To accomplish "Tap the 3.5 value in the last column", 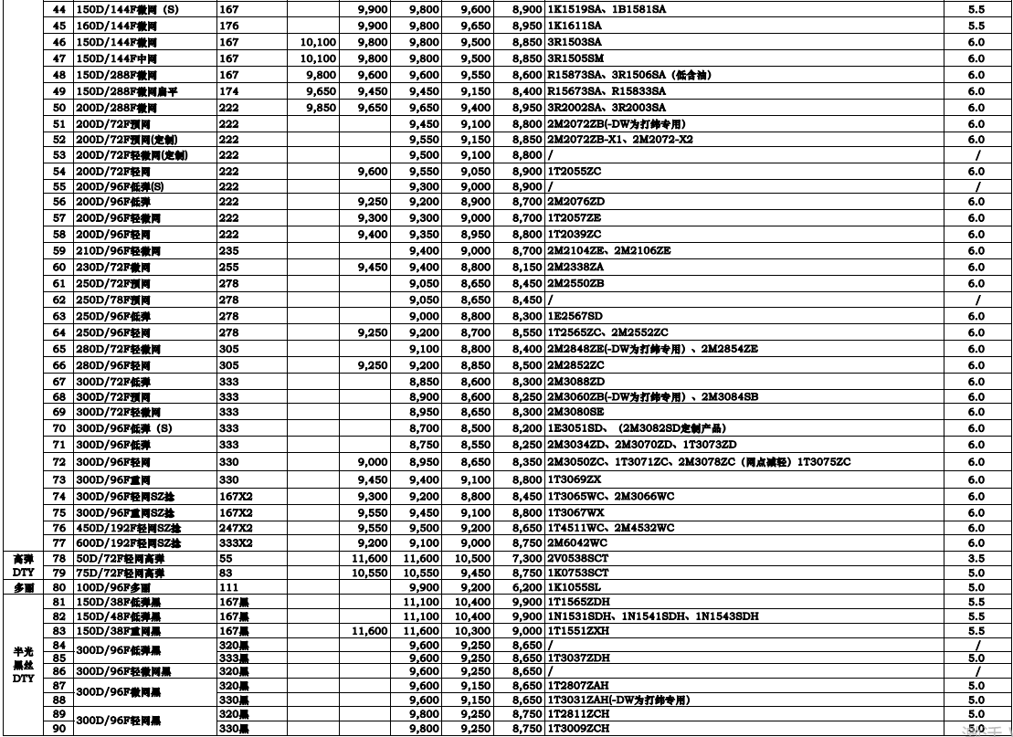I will click(976, 557).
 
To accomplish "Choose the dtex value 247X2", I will click(237, 528).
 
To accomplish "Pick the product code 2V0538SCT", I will click(579, 557).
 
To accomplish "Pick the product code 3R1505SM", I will click(575, 57).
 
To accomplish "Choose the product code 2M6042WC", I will click(576, 542).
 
